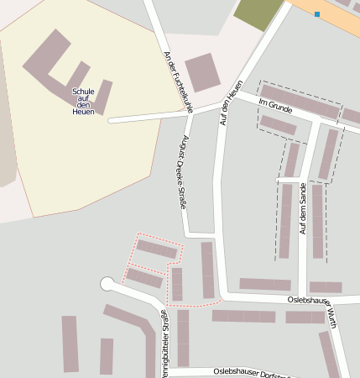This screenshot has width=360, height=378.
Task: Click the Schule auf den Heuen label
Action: pos(83,101)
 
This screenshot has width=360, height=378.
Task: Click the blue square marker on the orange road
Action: pos(317,14)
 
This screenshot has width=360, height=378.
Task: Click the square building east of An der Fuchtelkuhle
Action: pos(202,72)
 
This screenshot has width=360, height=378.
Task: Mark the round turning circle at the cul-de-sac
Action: pos(107,284)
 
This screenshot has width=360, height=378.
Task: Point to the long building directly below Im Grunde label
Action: pos(278,125)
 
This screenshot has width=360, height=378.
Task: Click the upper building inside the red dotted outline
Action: pos(157,249)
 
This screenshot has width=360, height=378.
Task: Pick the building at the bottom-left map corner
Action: pos(70,344)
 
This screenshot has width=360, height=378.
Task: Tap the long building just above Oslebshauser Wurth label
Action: pos(264,284)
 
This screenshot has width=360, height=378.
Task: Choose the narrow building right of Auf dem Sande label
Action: pos(317,221)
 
